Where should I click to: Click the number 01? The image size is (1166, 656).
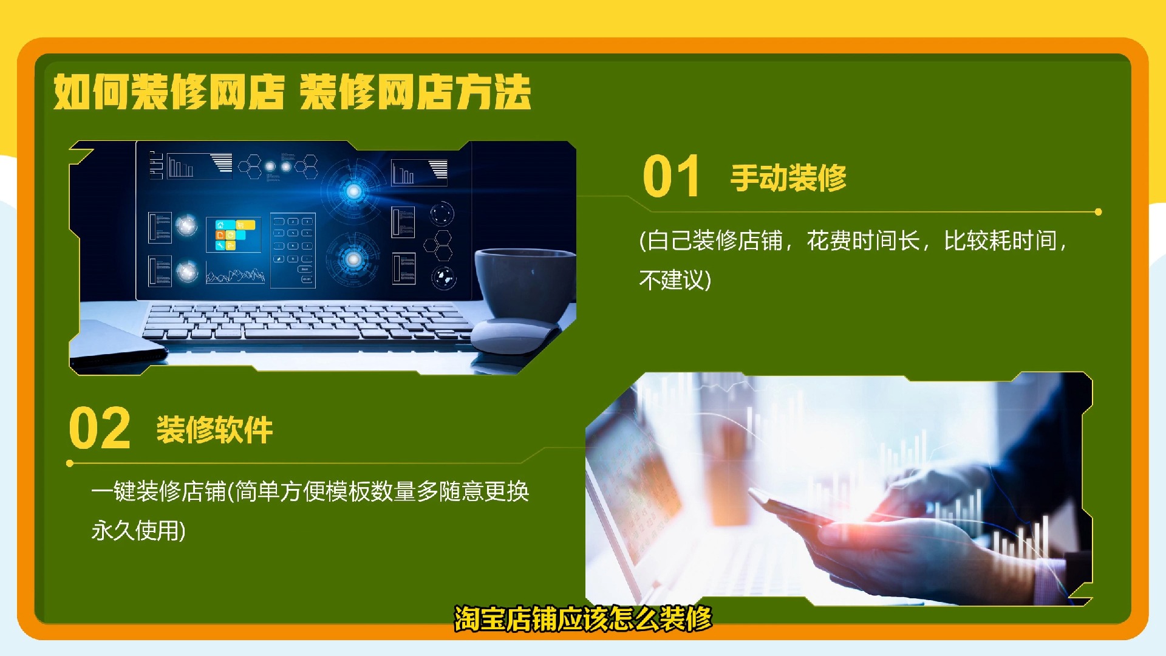click(x=671, y=176)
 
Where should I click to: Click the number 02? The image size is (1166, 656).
click(x=100, y=428)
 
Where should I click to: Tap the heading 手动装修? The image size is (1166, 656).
click(x=788, y=177)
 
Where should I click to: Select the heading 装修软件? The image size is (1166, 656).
click(x=214, y=430)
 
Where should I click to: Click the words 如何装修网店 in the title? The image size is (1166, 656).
click(x=169, y=92)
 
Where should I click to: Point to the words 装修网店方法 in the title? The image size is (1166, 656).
click(x=415, y=92)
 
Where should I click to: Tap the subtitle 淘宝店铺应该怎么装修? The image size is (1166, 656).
click(x=583, y=618)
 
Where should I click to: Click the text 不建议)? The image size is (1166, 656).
click(x=675, y=280)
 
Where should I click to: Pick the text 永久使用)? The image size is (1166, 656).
click(x=138, y=530)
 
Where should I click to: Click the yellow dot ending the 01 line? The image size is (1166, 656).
click(x=1098, y=212)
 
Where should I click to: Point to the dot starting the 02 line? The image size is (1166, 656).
click(x=70, y=463)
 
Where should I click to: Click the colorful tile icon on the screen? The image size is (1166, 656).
click(x=234, y=234)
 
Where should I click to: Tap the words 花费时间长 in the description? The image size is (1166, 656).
click(x=863, y=241)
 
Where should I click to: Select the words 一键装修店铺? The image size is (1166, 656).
click(x=159, y=491)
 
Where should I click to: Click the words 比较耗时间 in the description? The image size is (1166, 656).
click(x=1000, y=241)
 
